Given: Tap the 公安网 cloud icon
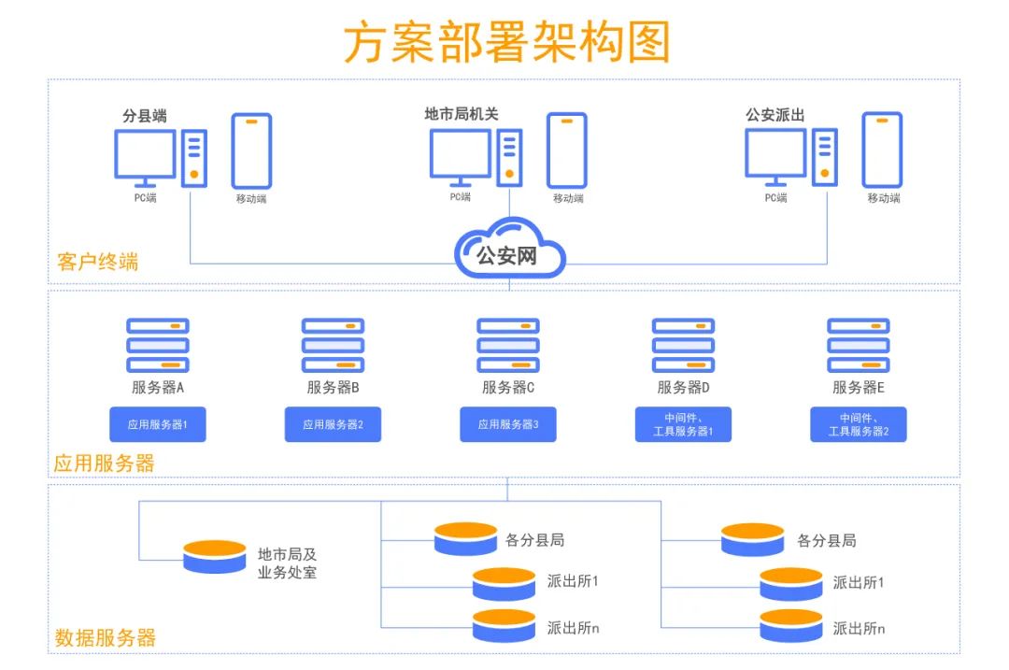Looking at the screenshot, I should (509, 249).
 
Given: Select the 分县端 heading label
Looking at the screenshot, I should (145, 116).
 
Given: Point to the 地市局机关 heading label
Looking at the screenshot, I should (462, 114).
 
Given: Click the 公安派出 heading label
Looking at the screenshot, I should (775, 115).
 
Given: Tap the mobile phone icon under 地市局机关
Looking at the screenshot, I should (567, 150).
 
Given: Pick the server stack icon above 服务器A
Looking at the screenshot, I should (158, 345).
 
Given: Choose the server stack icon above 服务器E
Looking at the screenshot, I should (858, 345).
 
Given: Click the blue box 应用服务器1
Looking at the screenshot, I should (158, 424).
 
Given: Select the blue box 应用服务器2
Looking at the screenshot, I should (333, 424).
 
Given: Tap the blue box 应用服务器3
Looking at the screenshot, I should (508, 424).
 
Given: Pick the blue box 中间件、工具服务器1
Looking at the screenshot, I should (683, 424).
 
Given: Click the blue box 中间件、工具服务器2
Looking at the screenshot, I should (858, 424).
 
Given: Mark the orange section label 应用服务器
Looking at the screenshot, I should (104, 463).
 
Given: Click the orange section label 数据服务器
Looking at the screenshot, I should (105, 638).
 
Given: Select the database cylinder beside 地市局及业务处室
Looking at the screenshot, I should (215, 557).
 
